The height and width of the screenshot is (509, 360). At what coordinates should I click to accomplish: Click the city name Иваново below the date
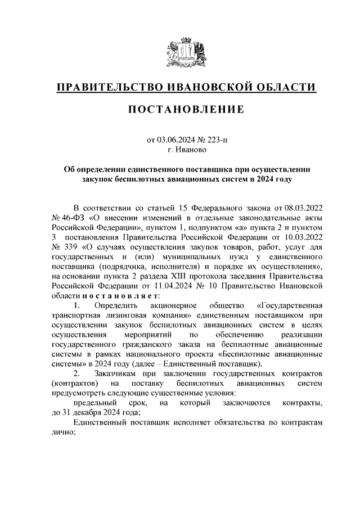point(194,150)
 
